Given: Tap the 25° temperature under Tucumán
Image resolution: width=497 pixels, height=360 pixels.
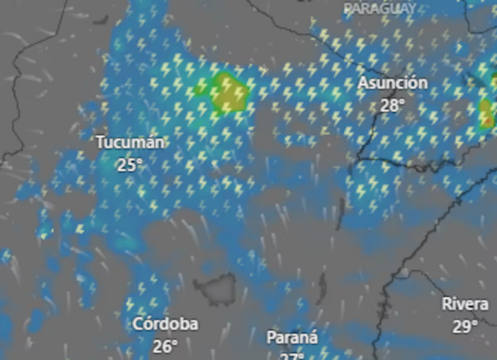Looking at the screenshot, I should click(129, 164).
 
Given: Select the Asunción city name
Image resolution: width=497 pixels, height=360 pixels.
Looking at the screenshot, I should click(393, 84).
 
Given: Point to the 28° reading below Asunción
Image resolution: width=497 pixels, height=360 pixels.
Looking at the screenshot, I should click(392, 105).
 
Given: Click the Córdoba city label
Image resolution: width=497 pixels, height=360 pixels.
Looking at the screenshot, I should click(166, 324).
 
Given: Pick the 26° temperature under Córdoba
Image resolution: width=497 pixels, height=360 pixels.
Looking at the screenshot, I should click(165, 346).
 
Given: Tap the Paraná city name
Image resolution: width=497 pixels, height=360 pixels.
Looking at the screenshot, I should click(293, 338).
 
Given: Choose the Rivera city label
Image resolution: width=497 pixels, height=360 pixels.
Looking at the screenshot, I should click(465, 304).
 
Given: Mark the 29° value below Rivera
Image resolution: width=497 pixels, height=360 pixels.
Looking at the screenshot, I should click(465, 326).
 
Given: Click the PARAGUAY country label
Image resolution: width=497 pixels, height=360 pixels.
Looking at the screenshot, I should click(380, 8).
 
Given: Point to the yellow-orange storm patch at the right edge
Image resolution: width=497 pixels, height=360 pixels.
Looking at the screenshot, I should click(487, 113).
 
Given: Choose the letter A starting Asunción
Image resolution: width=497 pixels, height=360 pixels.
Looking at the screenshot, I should click(363, 84).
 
